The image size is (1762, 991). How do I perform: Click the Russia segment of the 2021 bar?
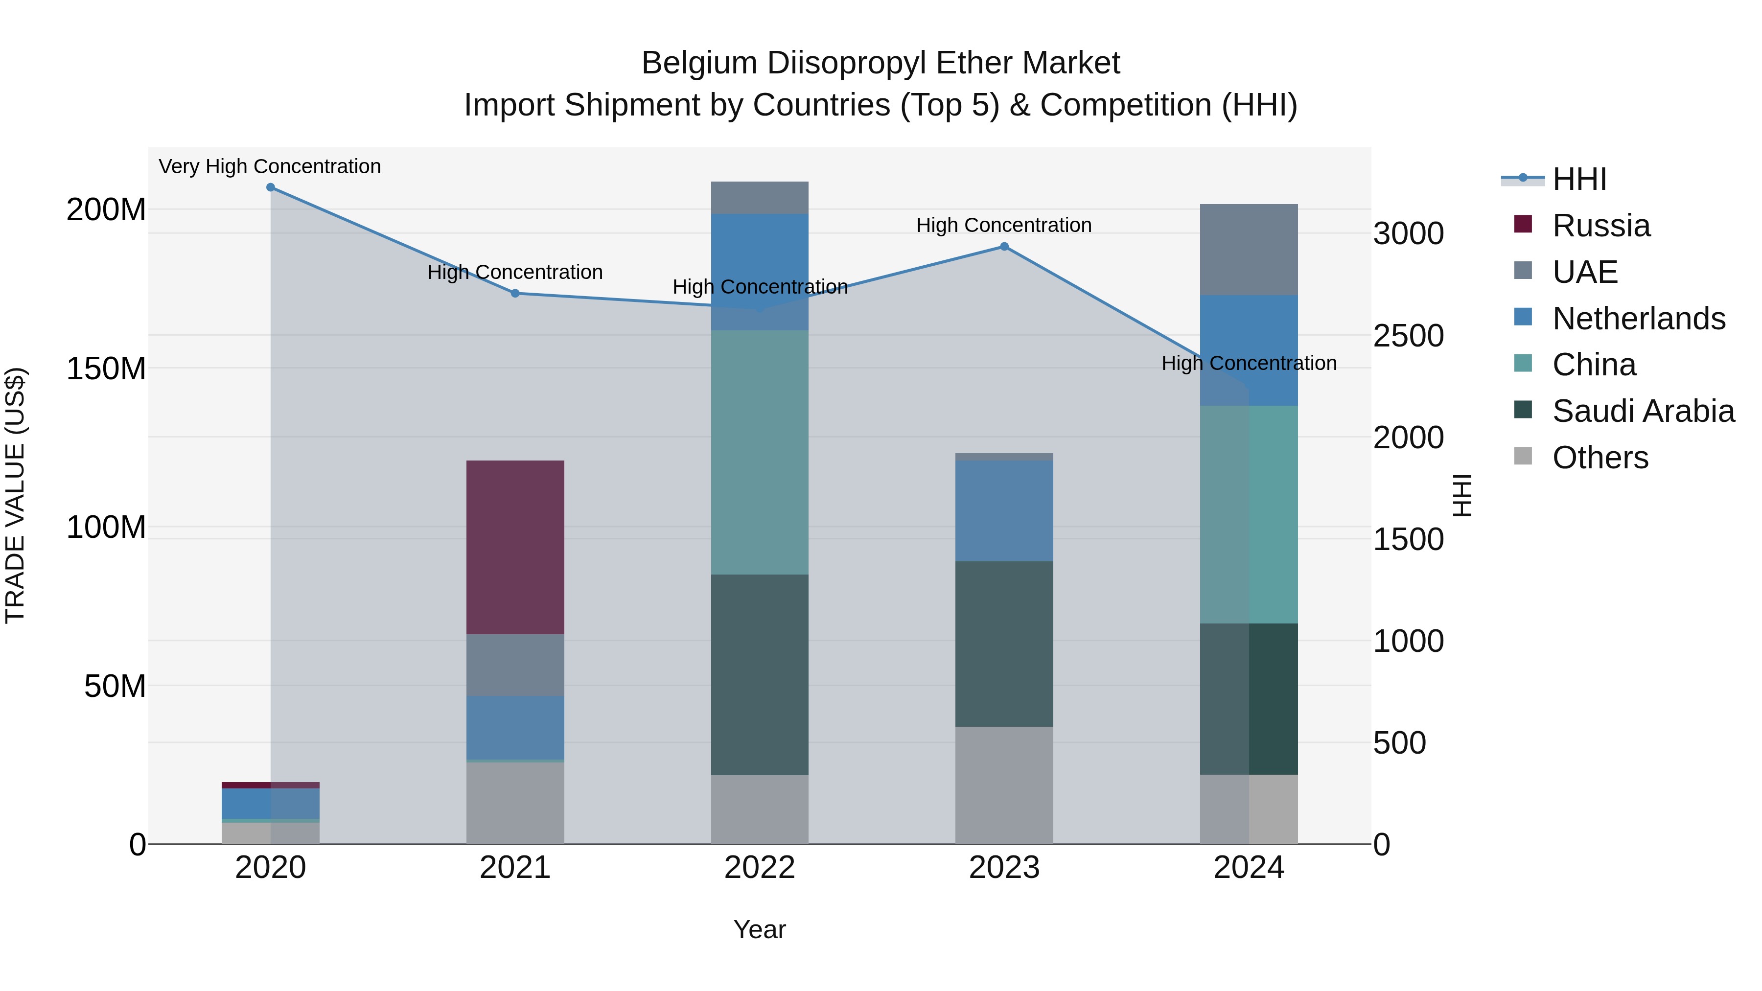click(515, 547)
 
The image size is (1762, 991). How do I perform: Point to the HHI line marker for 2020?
click(270, 187)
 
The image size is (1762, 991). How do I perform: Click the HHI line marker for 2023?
click(1004, 247)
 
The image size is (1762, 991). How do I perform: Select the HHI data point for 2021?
click(515, 294)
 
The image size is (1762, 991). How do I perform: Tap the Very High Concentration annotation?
click(270, 167)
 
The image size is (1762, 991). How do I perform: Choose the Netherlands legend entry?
click(1638, 319)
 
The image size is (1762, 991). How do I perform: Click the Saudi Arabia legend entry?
click(1643, 412)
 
